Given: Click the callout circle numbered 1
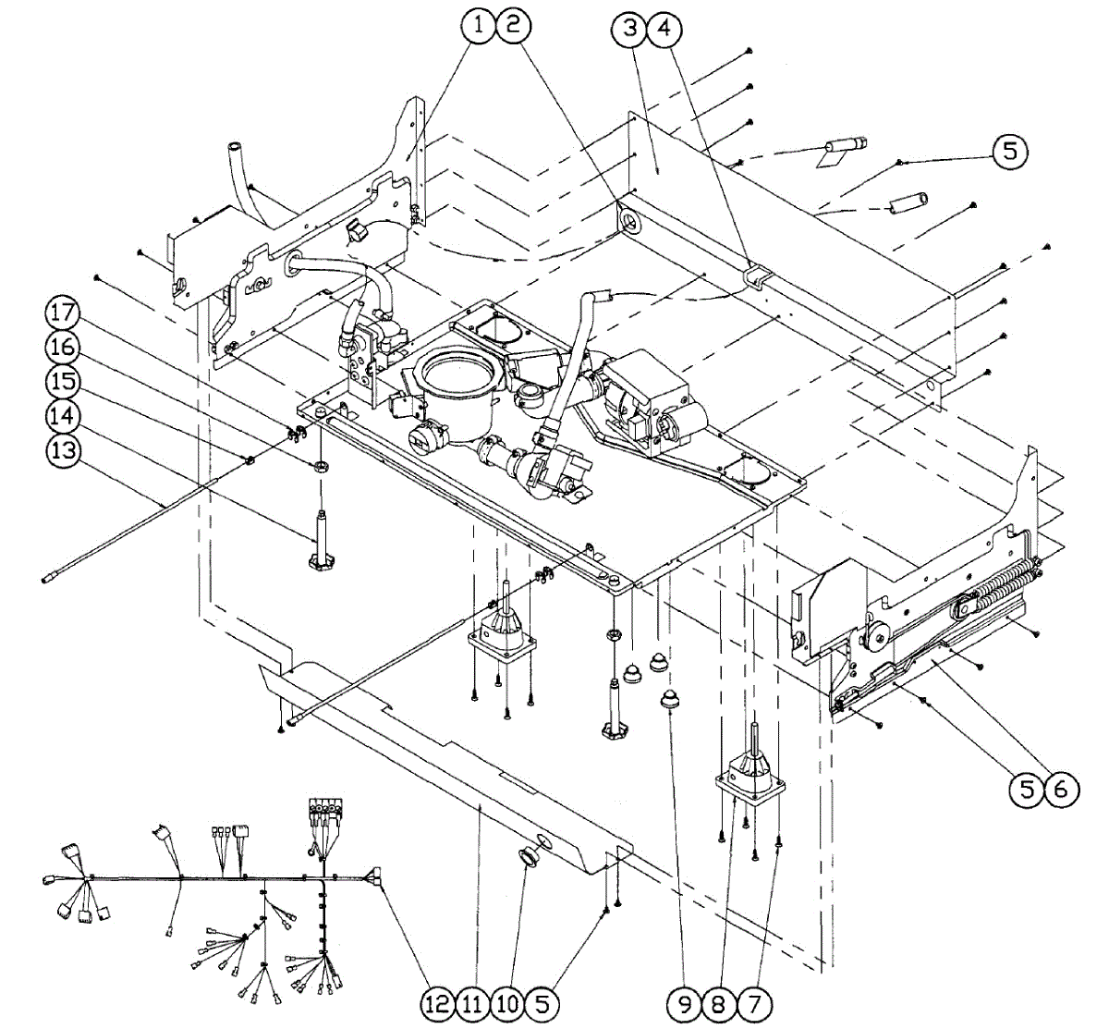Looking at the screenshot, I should coord(479,28).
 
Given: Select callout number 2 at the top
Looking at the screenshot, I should coord(513,28).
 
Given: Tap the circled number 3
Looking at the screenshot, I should coord(630,29).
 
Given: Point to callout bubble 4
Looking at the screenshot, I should coord(664,29).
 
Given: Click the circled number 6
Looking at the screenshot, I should coord(1060,789).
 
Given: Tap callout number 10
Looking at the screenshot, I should coord(507,1002).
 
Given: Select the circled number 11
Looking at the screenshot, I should coord(472,1002).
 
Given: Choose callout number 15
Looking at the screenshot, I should coord(62,381).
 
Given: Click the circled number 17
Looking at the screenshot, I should coord(62,312).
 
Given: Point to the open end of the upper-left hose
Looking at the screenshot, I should coord(234,146).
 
